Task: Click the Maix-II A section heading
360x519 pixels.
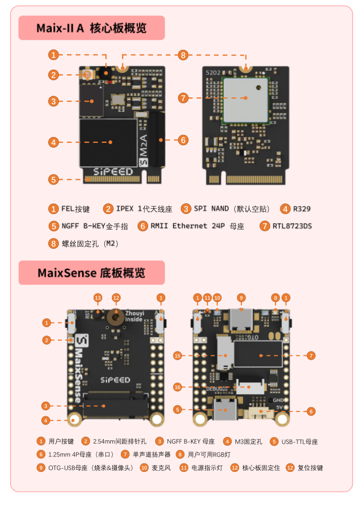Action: (x=91, y=28)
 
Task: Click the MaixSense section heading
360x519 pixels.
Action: (x=91, y=273)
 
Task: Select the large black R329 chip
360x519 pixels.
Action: (x=108, y=142)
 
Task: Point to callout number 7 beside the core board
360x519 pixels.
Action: (x=183, y=98)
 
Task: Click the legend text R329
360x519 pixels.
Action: (x=302, y=209)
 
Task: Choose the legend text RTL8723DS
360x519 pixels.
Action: (x=292, y=226)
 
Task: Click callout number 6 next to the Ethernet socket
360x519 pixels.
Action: (x=183, y=140)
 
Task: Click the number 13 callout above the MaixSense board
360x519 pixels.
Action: (x=97, y=297)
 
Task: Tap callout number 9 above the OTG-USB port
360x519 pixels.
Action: (x=241, y=297)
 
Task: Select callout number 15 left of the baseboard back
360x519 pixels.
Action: (x=178, y=355)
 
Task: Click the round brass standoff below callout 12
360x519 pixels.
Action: (x=116, y=317)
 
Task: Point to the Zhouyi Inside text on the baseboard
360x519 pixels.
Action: (x=134, y=315)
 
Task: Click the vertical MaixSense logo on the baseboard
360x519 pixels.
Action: (x=79, y=369)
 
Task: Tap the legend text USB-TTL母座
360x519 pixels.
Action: (x=300, y=441)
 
